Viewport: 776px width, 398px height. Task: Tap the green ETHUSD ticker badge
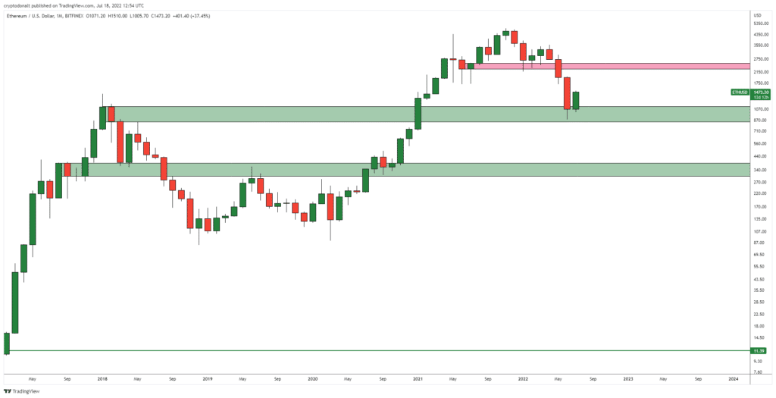739,92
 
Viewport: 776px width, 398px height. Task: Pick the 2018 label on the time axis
102,377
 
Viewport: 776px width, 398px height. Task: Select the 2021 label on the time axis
417,377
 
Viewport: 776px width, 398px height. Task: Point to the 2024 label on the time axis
733,377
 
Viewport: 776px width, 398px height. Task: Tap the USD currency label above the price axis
756,14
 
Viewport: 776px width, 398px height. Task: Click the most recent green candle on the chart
576,101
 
